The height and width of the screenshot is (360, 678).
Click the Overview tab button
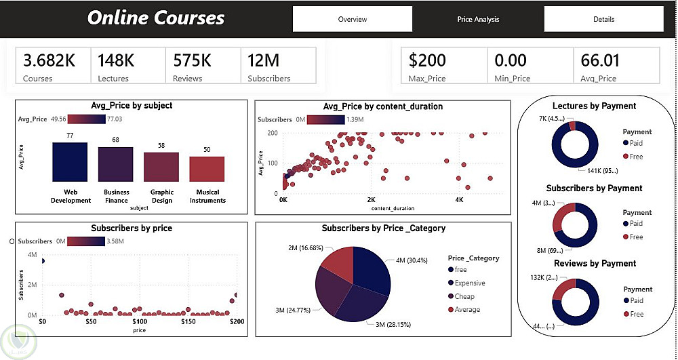point(352,19)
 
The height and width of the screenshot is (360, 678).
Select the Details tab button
point(603,19)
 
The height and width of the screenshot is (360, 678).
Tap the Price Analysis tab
point(478,19)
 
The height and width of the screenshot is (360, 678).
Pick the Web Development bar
point(70,162)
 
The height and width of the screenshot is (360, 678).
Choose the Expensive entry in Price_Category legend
point(471,283)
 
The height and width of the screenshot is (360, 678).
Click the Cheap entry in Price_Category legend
point(464,296)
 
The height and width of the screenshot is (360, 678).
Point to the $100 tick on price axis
point(139,321)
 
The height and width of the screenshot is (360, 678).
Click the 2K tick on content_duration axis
point(371,201)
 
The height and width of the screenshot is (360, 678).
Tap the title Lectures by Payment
point(594,106)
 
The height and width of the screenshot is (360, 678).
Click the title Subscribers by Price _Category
point(383,228)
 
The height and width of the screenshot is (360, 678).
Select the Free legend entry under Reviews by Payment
point(636,314)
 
